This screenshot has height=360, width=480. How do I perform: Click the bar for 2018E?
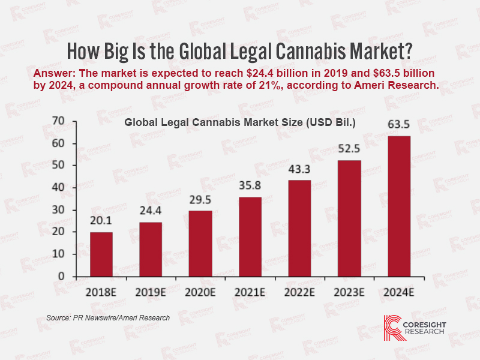[x=101, y=254]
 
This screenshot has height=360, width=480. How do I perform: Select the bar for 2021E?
[x=250, y=236]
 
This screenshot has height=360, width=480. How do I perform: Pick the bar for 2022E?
[x=299, y=228]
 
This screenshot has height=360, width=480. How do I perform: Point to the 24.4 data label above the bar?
[x=151, y=212]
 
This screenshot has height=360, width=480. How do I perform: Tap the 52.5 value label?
[x=349, y=149]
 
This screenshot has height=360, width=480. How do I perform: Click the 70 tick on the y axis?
[x=58, y=121]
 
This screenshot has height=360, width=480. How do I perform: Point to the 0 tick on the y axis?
[x=61, y=276]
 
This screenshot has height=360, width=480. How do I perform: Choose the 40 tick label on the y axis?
[x=58, y=187]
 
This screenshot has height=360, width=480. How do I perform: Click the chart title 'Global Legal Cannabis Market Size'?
[x=240, y=123]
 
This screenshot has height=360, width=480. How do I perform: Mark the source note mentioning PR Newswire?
[x=108, y=317]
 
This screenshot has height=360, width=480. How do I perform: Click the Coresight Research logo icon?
[x=393, y=327]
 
